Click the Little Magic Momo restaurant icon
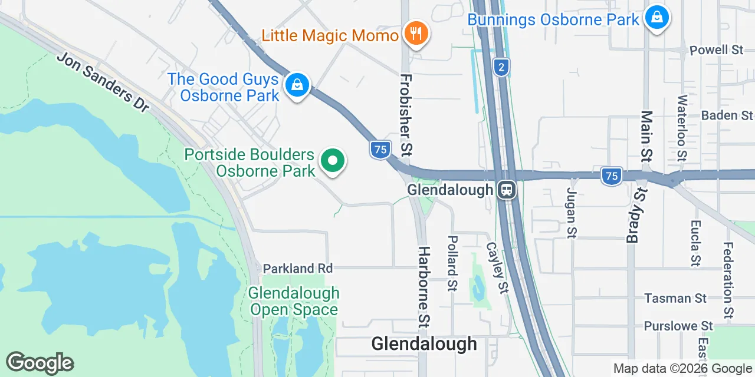pos(416,34)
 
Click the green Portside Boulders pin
pos(333,161)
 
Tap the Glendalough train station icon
pos(506,190)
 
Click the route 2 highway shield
pos(501,68)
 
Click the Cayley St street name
pos(497,268)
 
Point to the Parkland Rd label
pos(298,268)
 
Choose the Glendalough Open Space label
pos(294,301)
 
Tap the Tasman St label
pos(675,298)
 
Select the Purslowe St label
pos(678,326)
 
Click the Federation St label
pos(729,280)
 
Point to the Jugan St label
pos(571,213)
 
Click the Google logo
pos(40,363)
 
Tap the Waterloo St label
pos(682,128)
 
